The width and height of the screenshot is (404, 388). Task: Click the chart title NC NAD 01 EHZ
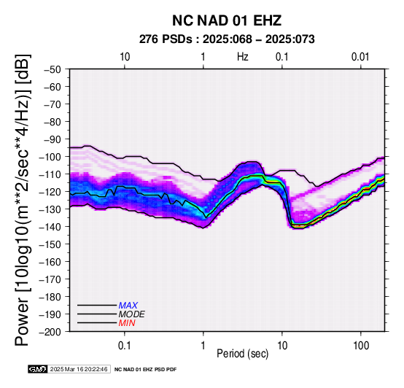click(227, 20)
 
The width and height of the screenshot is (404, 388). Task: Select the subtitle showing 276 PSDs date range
click(227, 39)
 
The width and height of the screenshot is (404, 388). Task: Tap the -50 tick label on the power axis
click(52, 69)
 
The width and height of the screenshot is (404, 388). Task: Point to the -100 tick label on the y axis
click(50, 157)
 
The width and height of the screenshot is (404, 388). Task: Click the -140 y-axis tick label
click(50, 227)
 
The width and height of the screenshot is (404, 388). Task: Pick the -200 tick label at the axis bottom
click(50, 332)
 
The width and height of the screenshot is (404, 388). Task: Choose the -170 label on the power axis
click(50, 279)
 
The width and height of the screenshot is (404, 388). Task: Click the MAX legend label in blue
click(128, 306)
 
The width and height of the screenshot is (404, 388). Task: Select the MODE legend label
click(132, 314)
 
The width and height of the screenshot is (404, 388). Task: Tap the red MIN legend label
click(127, 323)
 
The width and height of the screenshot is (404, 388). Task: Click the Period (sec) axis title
click(243, 354)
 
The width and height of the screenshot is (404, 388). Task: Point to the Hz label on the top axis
click(243, 57)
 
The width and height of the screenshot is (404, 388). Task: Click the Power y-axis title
click(23, 200)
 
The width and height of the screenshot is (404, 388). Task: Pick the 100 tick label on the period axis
click(361, 346)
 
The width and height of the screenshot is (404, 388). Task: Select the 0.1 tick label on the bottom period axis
click(125, 346)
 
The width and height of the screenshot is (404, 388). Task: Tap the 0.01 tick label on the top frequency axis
click(360, 57)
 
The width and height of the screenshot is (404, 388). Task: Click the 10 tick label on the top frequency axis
click(125, 57)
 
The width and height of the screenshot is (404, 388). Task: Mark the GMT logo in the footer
click(38, 369)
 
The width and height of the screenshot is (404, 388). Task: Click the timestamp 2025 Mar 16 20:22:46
click(79, 369)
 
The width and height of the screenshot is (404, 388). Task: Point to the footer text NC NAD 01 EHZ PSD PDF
click(146, 370)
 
